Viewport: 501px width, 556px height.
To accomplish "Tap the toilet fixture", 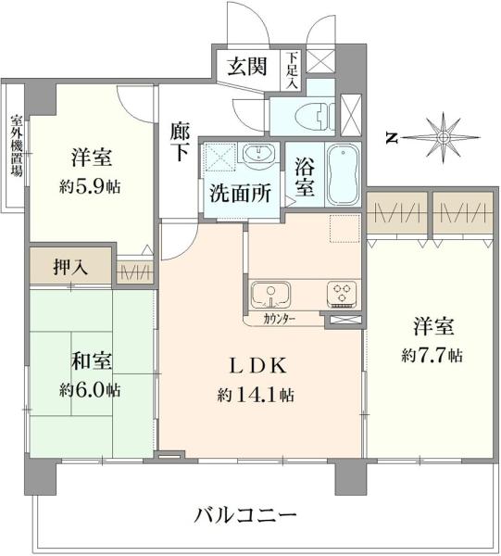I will [310, 115].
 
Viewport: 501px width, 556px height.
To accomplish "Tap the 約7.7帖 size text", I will [432, 354].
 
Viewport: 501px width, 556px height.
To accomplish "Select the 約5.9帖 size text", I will [91, 185].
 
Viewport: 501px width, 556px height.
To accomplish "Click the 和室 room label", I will [90, 360].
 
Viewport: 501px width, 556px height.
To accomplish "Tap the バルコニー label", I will [246, 514].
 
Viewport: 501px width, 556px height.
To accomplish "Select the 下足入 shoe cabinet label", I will [293, 69].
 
